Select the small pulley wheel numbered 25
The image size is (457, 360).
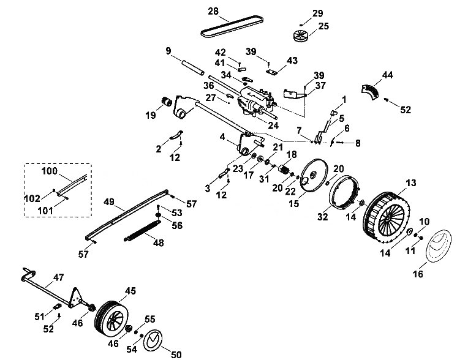301,36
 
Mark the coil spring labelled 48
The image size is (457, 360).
142,231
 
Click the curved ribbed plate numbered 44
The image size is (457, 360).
371,91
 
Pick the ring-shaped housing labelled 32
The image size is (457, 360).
345,192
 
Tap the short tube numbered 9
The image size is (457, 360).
192,67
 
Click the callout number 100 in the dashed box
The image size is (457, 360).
49,171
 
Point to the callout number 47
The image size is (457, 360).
58,277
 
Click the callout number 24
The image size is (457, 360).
273,126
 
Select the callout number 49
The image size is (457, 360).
109,201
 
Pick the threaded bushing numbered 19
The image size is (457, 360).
166,102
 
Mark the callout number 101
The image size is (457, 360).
46,210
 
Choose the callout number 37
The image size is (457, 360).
320,85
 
